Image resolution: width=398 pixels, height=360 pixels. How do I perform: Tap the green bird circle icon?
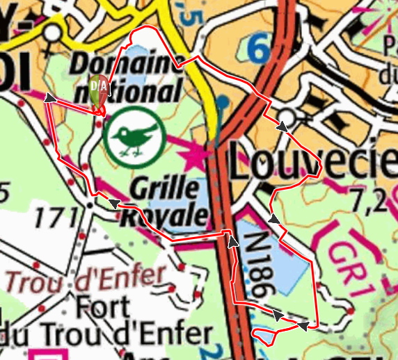(134, 136)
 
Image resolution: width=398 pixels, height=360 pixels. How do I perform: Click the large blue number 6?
(259, 50)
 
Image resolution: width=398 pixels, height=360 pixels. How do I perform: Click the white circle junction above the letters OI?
(52, 33)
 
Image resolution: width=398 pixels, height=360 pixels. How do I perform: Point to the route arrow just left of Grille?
(111, 203)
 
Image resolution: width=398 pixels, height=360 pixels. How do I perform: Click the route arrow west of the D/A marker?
(49, 98)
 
